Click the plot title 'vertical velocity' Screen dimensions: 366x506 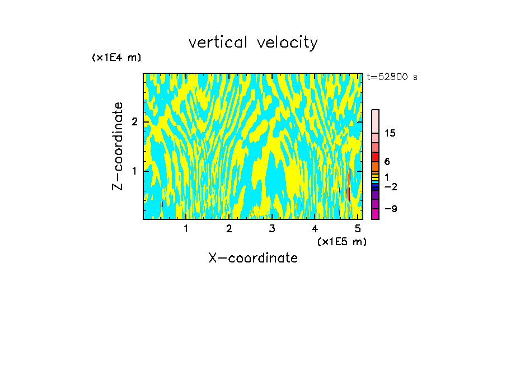click(x=253, y=43)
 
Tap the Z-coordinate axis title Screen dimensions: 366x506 click(x=118, y=146)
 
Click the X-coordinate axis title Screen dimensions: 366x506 click(x=253, y=258)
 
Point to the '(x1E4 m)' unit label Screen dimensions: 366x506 click(x=116, y=58)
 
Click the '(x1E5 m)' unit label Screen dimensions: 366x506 click(x=341, y=241)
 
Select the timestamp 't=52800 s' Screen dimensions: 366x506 click(x=392, y=77)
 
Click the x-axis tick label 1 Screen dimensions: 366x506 click(x=186, y=229)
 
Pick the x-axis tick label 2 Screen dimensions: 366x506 click(x=229, y=229)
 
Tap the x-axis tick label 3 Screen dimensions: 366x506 click(x=272, y=229)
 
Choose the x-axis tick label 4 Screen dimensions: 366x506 click(x=315, y=229)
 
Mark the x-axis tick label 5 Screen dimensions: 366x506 click(x=358, y=229)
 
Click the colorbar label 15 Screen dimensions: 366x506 click(x=390, y=133)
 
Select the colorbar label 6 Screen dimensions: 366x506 click(x=387, y=162)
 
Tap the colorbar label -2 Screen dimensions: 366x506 click(x=390, y=187)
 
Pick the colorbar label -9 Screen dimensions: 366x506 click(x=390, y=209)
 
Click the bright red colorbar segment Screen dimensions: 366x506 click(x=375, y=156)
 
